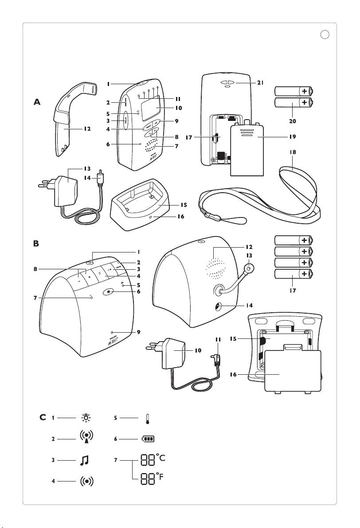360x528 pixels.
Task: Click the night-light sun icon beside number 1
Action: (85, 417)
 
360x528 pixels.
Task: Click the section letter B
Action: (37, 244)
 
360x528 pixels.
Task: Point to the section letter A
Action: (37, 102)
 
